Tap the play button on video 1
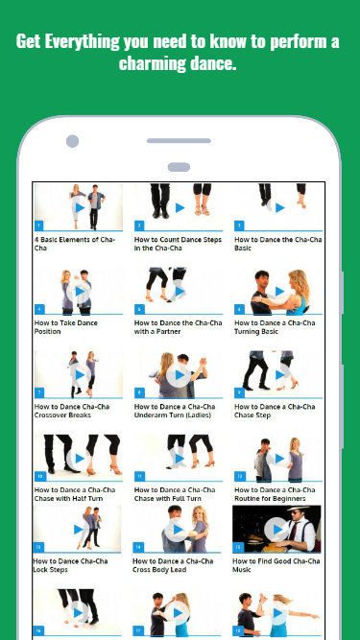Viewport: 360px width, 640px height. (x=80, y=208)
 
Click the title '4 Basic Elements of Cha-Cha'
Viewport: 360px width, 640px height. (x=75, y=244)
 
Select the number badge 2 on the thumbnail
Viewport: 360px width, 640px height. (x=139, y=225)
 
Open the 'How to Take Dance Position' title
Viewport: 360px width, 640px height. (x=65, y=327)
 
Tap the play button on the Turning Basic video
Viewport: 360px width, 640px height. (x=279, y=291)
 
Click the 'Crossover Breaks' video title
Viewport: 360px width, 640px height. (x=72, y=411)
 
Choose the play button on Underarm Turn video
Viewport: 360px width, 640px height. (x=180, y=375)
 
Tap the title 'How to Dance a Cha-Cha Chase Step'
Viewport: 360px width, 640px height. (x=275, y=411)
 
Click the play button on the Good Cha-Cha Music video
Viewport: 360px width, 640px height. (x=278, y=530)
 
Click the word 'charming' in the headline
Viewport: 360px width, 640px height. (x=152, y=63)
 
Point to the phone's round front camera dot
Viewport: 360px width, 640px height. (x=72, y=141)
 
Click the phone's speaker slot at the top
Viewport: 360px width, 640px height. (x=179, y=141)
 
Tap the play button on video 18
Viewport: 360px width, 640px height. (x=278, y=612)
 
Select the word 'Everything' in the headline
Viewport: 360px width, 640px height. (x=82, y=42)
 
